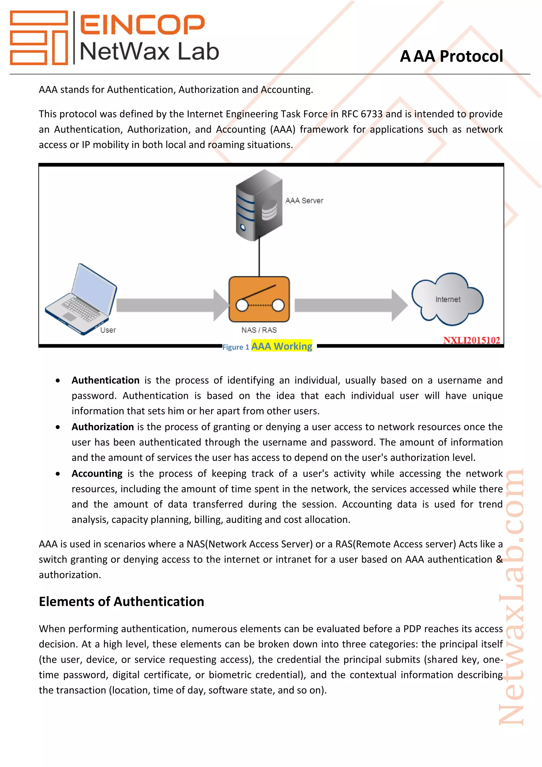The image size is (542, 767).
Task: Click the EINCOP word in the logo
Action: (x=142, y=24)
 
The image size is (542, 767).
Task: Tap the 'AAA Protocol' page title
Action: (x=451, y=56)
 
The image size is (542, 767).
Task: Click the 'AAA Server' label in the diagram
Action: (x=304, y=200)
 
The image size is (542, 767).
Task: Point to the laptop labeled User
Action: (x=81, y=299)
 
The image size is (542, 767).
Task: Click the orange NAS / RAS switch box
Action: (x=259, y=299)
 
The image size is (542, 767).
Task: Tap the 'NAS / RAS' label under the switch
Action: (x=259, y=330)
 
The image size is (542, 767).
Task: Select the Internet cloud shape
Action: (x=447, y=299)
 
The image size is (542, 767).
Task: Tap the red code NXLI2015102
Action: (x=471, y=340)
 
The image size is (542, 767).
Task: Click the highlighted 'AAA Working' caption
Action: (x=281, y=346)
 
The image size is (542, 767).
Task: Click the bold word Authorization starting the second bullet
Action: (x=103, y=427)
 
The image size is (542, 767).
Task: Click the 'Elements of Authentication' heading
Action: (x=121, y=601)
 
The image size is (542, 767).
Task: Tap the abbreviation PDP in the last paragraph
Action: (x=412, y=629)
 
